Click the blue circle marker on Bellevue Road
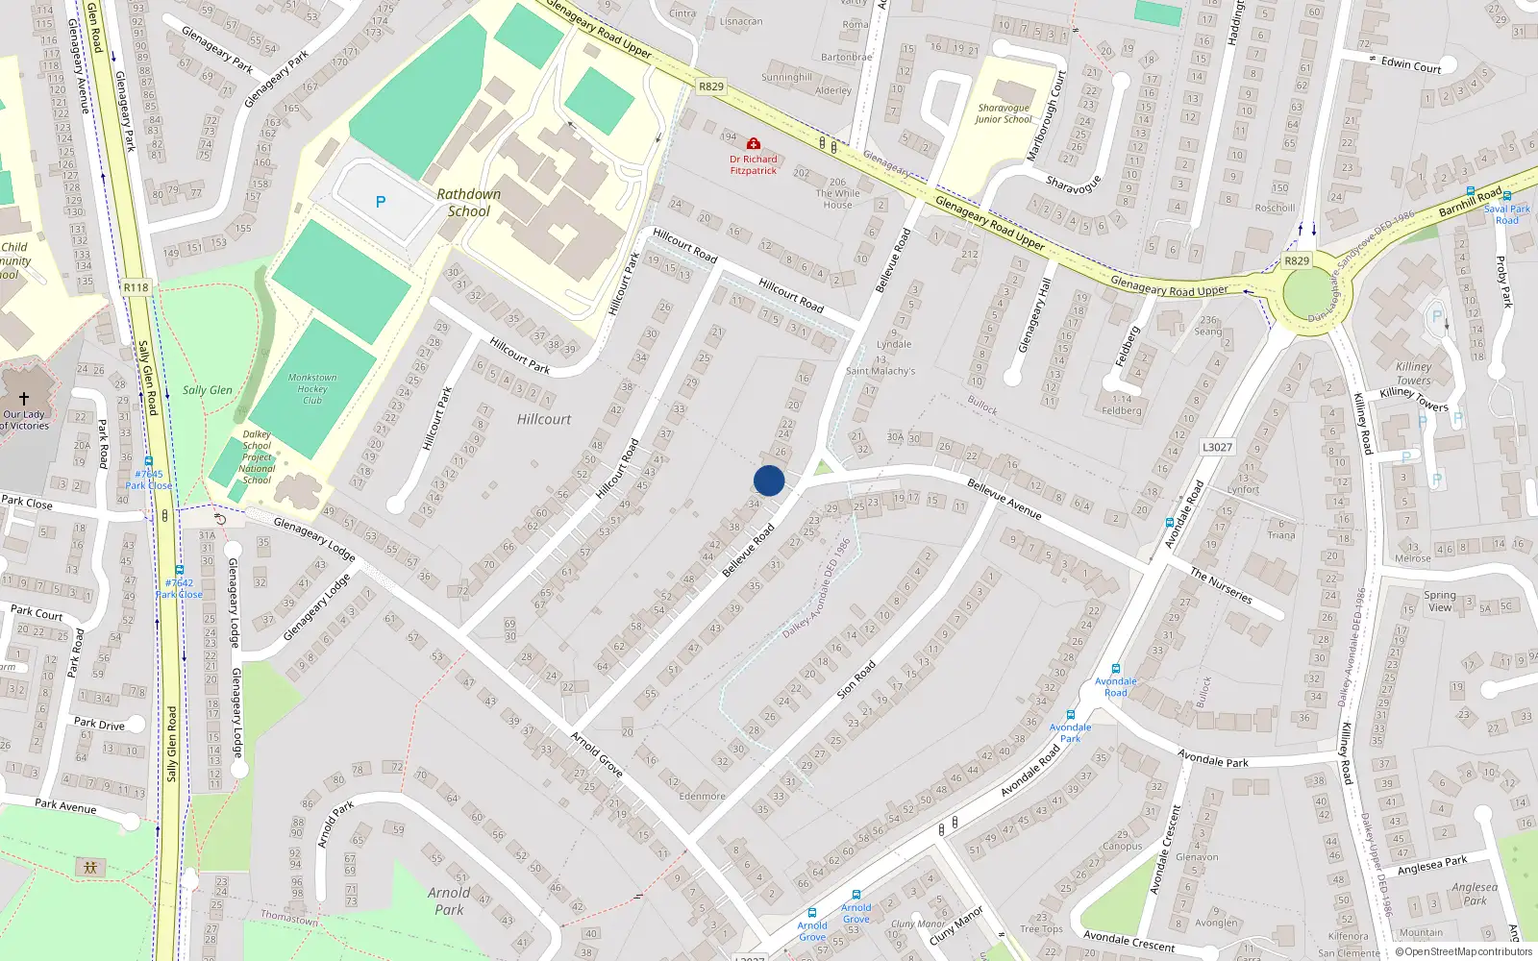(x=769, y=480)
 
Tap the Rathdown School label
(x=469, y=203)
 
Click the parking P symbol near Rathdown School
(x=381, y=202)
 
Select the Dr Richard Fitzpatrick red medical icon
(x=754, y=144)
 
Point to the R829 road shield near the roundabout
(x=1297, y=260)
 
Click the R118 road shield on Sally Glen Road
(x=136, y=287)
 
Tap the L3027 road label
(x=1217, y=447)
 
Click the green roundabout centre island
(x=1307, y=293)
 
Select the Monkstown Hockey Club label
(x=312, y=388)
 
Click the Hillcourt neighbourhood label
(x=544, y=420)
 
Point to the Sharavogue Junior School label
(x=1004, y=113)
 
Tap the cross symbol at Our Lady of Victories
(x=23, y=398)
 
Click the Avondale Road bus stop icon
(x=1115, y=669)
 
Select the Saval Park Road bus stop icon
(x=1506, y=196)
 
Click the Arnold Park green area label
(x=449, y=900)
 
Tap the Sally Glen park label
(x=208, y=390)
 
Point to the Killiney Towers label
(x=1414, y=374)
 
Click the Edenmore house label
(x=703, y=796)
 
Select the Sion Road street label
(x=856, y=678)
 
